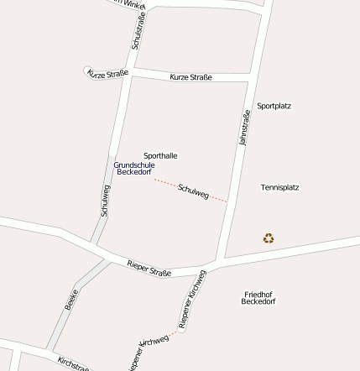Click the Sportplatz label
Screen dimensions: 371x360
pyautogui.click(x=274, y=107)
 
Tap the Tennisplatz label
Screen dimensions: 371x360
pyautogui.click(x=279, y=187)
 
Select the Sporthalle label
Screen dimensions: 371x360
pyautogui.click(x=160, y=156)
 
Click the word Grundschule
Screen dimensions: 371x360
pyautogui.click(x=134, y=165)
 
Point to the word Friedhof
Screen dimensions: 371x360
pyautogui.click(x=258, y=295)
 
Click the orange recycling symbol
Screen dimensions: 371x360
pyautogui.click(x=269, y=238)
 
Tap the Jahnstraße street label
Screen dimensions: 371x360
pyautogui.click(x=245, y=128)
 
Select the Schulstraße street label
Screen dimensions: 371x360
pyautogui.click(x=138, y=29)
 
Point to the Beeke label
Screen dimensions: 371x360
pyautogui.click(x=71, y=300)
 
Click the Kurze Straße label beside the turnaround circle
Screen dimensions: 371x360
pyautogui.click(x=109, y=74)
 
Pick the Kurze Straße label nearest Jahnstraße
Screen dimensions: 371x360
pyautogui.click(x=190, y=77)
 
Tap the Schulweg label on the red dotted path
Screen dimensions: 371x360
pyautogui.click(x=194, y=191)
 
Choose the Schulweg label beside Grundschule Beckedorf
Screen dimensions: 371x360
pyautogui.click(x=106, y=201)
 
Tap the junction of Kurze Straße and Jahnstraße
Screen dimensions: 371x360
pyautogui.click(x=251, y=78)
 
